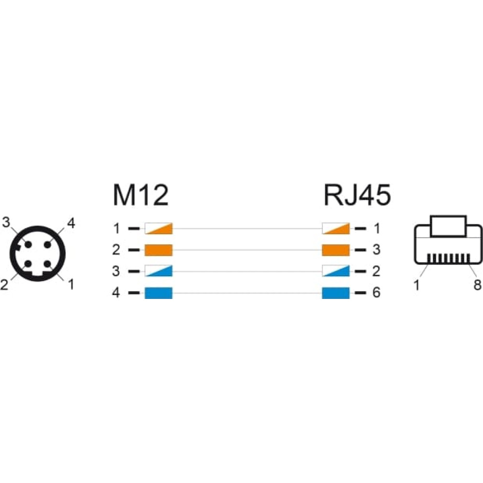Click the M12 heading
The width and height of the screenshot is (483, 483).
click(141, 195)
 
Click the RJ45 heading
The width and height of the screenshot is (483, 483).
click(357, 195)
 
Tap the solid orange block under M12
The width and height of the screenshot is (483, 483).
click(158, 250)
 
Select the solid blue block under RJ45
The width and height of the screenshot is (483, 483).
click(336, 293)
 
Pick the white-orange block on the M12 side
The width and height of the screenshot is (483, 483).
click(158, 228)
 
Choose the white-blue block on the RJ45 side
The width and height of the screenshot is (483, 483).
click(336, 271)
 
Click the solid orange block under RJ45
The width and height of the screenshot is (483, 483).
click(336, 250)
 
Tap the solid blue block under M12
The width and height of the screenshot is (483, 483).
click(158, 293)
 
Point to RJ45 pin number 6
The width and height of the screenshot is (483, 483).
click(376, 293)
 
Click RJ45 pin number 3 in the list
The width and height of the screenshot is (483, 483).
click(376, 250)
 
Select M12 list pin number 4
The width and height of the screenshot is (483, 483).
click(116, 293)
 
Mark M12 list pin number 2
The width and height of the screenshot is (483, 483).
click(116, 250)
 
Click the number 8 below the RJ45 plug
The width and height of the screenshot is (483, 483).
click(477, 285)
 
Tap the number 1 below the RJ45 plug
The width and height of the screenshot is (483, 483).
click(416, 285)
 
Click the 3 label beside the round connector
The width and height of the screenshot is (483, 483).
click(6, 222)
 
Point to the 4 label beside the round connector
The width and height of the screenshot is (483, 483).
click(71, 223)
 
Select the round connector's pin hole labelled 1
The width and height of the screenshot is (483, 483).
click(47, 264)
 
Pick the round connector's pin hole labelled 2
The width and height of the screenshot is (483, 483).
click(28, 264)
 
